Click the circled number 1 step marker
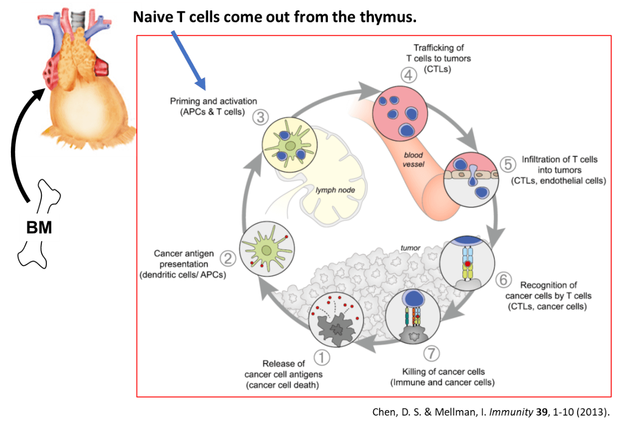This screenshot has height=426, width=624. point(321,356)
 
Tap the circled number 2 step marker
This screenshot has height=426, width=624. point(227,259)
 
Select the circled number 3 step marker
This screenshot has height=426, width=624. point(260,118)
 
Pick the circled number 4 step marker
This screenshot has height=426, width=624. point(408,76)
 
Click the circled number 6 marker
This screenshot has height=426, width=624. point(503,280)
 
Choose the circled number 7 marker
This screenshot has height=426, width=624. point(431,354)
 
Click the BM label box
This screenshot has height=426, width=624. point(39,227)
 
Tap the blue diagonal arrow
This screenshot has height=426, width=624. point(188,57)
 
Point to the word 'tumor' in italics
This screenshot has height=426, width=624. point(410,248)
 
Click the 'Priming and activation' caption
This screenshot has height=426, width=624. point(213,106)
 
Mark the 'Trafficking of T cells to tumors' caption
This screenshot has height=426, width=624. point(438,58)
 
